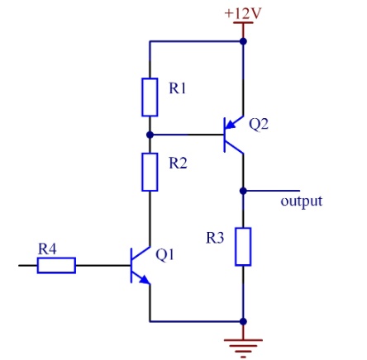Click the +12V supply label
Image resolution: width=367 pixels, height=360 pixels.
[x=242, y=13]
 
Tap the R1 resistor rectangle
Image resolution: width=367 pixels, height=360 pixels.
[x=150, y=97]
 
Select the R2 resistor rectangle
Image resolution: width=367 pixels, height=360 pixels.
[x=150, y=172]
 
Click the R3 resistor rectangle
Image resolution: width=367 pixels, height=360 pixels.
[x=243, y=247]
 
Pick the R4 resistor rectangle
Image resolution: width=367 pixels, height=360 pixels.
[x=56, y=265]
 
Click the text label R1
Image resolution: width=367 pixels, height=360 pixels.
[x=178, y=88]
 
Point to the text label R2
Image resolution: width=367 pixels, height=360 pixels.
[x=178, y=163]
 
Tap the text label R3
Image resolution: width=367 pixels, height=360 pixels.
[x=215, y=238]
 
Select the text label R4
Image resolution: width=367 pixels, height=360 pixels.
[x=47, y=249]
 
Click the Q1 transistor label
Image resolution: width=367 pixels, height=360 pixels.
[x=164, y=255]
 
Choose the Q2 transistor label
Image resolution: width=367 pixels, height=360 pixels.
[x=259, y=124]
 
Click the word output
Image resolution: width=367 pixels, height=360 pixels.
[x=301, y=201]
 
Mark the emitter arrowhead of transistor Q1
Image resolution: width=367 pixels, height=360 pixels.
[x=145, y=279]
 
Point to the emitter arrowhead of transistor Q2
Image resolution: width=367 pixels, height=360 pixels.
[x=231, y=126]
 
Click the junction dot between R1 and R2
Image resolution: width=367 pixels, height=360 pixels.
[x=150, y=135]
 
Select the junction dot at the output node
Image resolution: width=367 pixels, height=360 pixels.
[x=243, y=191]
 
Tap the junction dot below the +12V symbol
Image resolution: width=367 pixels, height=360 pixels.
[x=243, y=41]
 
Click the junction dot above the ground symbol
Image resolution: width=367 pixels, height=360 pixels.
[x=243, y=321]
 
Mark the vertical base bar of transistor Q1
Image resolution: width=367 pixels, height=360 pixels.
[x=131, y=265]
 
